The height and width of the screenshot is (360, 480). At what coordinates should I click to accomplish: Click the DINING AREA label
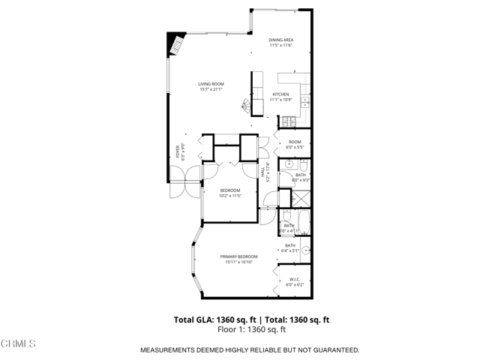tap(280, 40)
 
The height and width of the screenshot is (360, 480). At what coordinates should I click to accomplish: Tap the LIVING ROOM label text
tap(211, 84)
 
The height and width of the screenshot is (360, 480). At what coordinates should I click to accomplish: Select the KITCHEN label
tap(280, 94)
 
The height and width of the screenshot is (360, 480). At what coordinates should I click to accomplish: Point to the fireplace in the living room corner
tap(175, 44)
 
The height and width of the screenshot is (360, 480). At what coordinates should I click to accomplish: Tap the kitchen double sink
tap(306, 102)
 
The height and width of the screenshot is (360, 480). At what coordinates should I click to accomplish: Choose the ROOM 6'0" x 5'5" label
tap(295, 144)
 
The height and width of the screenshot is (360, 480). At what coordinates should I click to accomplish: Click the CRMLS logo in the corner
tap(18, 343)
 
